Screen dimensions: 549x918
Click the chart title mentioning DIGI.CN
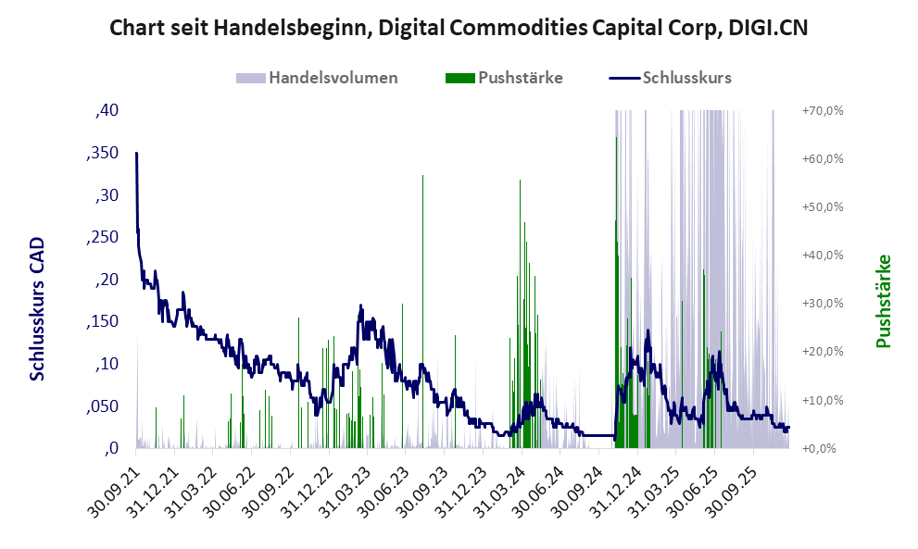459,27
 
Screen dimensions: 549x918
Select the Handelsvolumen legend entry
332,78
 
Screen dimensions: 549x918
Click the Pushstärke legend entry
520,78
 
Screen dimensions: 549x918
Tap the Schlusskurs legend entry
686,78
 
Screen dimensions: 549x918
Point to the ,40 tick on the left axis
107,111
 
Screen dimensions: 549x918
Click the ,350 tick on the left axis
102,154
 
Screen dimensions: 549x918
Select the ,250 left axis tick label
102,238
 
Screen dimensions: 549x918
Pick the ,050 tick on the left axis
102,406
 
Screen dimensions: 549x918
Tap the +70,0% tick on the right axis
822,111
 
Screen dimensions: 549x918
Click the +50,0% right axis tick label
822,207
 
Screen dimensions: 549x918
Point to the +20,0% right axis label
822,352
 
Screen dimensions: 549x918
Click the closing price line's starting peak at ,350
136,154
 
